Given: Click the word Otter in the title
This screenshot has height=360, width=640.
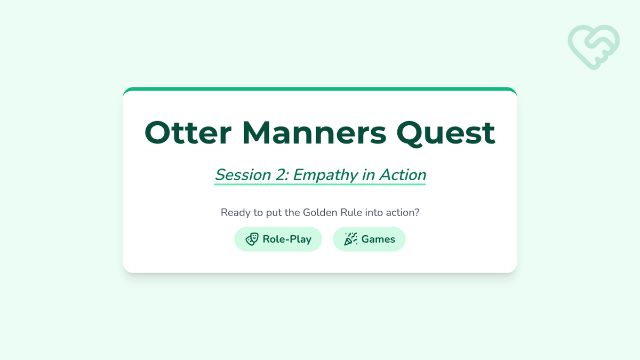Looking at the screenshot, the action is coord(188,133).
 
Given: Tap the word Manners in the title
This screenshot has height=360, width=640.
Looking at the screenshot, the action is coord(314,133).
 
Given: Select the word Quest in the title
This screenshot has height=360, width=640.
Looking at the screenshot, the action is coord(446,134).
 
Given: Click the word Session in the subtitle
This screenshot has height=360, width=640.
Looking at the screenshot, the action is coord(243,174).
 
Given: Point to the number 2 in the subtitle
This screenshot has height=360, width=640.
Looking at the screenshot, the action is coord(282,174).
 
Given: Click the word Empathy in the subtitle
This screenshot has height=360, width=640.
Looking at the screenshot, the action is coord(325,175).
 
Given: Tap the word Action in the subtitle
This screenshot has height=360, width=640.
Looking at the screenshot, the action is coord(403,174).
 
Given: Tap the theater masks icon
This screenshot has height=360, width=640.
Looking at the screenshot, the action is coord(252,239).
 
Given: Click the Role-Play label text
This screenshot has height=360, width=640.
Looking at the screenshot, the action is coord(287,239).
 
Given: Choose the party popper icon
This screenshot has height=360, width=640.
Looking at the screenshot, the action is coord(350,239).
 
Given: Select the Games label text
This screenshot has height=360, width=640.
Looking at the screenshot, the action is coord(378,239).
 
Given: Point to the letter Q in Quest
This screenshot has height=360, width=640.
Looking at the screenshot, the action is coord(410,134).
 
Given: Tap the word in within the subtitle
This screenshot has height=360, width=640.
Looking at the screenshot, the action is coord(369,174).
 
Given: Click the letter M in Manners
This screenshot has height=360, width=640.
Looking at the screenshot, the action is coord(255,133).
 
